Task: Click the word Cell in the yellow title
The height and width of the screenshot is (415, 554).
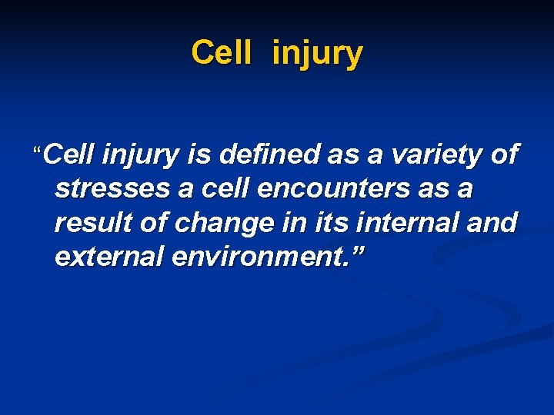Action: pyautogui.click(x=222, y=53)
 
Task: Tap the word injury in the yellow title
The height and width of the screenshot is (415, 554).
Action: pyautogui.click(x=316, y=55)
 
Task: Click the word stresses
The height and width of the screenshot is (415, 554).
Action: pyautogui.click(x=113, y=189)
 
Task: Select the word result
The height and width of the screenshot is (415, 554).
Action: pyautogui.click(x=90, y=223)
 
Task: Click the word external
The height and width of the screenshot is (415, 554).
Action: pyautogui.click(x=109, y=257)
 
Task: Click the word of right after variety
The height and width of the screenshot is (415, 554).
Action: pyautogui.click(x=503, y=155)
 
